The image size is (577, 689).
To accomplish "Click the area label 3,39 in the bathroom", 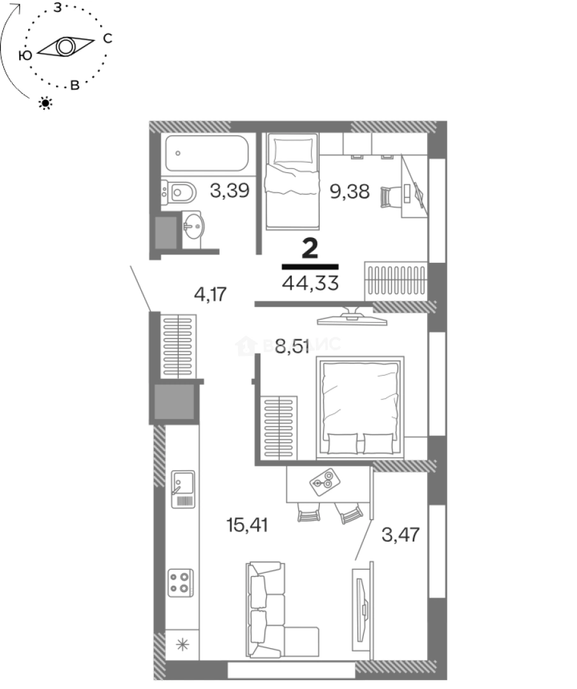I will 229,190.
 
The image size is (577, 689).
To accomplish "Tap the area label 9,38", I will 349,190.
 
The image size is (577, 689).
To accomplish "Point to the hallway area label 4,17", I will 211,295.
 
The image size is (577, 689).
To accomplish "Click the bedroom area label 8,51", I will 292,348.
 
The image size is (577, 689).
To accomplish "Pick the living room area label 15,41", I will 247,525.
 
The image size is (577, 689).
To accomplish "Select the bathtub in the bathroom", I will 205,154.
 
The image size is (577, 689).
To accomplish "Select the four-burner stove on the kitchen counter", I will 180,582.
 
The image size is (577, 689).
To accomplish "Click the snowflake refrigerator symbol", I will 182,644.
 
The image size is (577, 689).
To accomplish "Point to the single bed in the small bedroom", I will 292,181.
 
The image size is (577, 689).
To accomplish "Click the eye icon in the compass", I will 65,47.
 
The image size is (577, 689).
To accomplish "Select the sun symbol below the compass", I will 45,102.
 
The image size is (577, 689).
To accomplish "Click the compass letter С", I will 107,39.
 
